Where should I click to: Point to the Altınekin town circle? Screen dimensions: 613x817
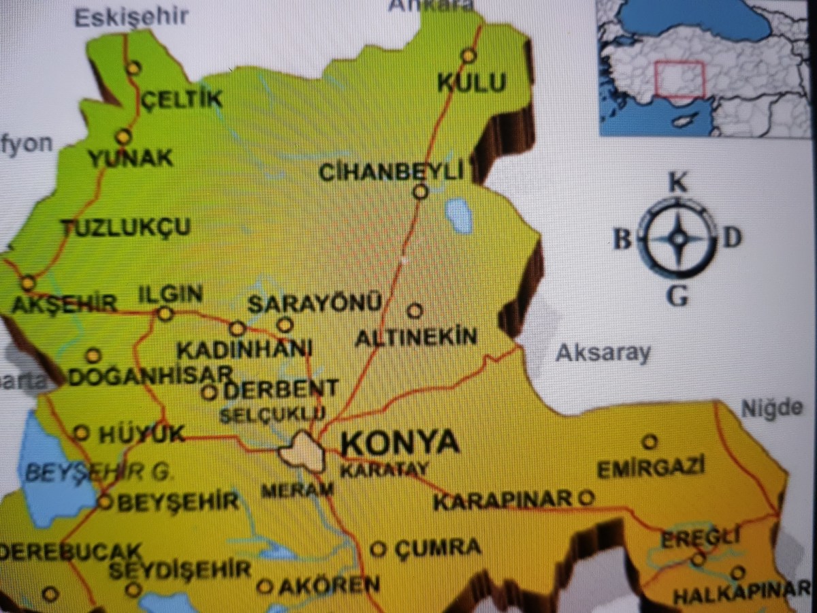pyautogui.click(x=415, y=311)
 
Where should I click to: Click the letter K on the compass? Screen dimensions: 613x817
pyautogui.click(x=677, y=183)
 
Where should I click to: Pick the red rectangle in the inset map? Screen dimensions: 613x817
pyautogui.click(x=679, y=79)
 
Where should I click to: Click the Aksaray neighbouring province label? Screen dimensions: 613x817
pyautogui.click(x=603, y=353)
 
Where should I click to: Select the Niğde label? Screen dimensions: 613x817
pyautogui.click(x=771, y=409)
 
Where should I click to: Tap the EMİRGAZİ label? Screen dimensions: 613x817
pyautogui.click(x=650, y=469)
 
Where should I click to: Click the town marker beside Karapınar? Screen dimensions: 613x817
pyautogui.click(x=585, y=498)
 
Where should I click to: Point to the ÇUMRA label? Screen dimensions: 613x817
pyautogui.click(x=437, y=547)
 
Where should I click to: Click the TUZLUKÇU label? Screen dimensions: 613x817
pyautogui.click(x=127, y=227)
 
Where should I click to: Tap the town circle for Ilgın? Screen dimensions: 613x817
pyautogui.click(x=165, y=314)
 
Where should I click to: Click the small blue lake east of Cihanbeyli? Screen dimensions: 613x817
pyautogui.click(x=458, y=216)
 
